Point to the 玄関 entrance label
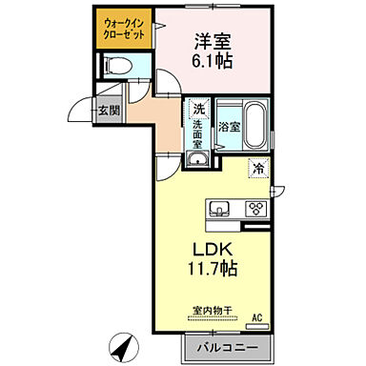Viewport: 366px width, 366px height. pyautogui.click(x=109, y=110)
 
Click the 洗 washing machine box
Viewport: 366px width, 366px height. pyautogui.click(x=198, y=109)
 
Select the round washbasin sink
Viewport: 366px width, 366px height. pyautogui.click(x=198, y=160)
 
